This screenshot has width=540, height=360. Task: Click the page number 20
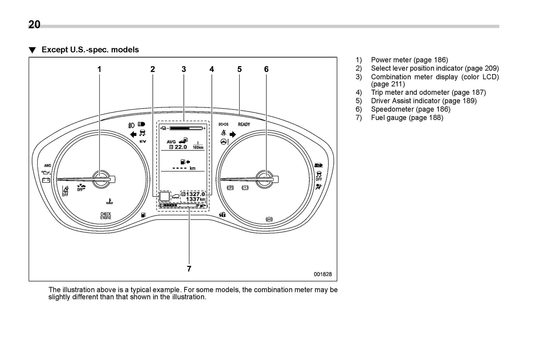[34, 24]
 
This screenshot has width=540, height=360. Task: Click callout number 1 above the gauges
[99, 69]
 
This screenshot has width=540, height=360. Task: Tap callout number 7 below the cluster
[189, 269]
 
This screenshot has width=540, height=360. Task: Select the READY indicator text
[244, 124]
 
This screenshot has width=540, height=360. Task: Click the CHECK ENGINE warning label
[106, 216]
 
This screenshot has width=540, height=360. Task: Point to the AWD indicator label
[47, 165]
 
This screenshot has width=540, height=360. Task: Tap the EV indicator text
[142, 142]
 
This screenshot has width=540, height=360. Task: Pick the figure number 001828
[323, 274]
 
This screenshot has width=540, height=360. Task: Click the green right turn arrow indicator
[233, 134]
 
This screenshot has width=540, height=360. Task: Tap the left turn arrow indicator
[133, 134]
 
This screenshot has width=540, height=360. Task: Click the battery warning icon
[46, 180]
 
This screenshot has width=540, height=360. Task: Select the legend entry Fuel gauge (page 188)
[407, 118]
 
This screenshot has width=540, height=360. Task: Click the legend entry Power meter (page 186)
[409, 60]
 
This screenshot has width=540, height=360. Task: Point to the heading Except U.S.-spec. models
[90, 50]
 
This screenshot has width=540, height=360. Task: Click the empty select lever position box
[164, 196]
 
